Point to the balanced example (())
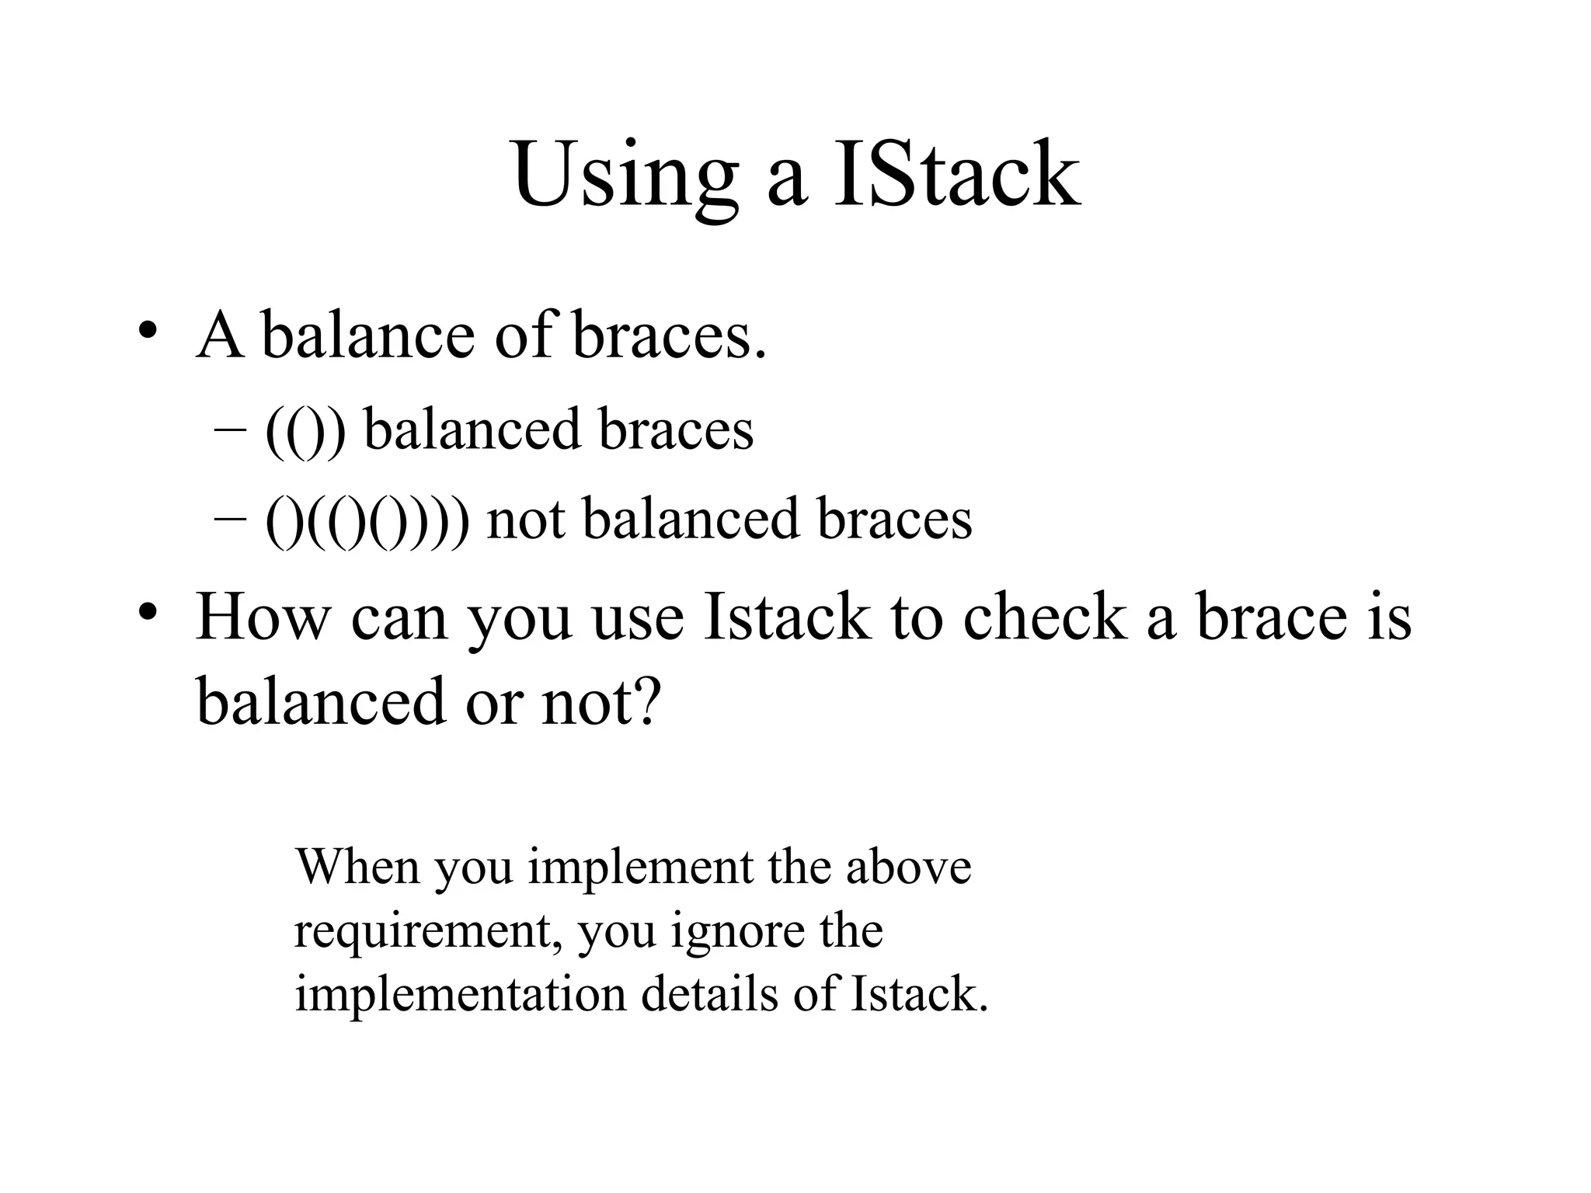pos(305,431)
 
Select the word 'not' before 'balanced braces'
pos(525,519)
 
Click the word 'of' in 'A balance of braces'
pos(524,335)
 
